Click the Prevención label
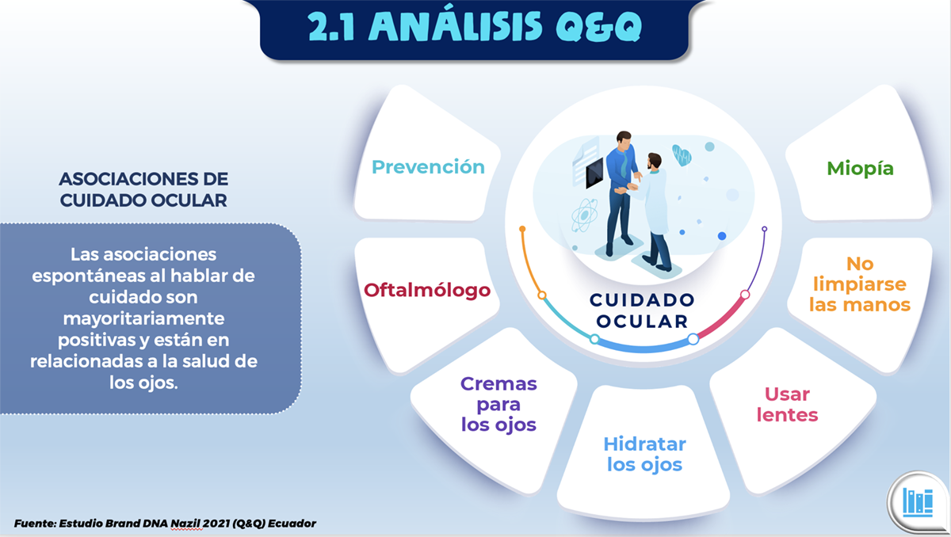pyautogui.click(x=428, y=167)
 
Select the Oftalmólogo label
pyautogui.click(x=427, y=291)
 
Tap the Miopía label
pyautogui.click(x=860, y=169)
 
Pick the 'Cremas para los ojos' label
pyautogui.click(x=498, y=404)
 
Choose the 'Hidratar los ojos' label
pyautogui.click(x=644, y=454)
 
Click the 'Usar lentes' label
pyautogui.click(x=787, y=405)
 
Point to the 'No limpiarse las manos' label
pyautogui.click(x=860, y=284)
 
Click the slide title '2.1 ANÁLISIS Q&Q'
pyautogui.click(x=475, y=27)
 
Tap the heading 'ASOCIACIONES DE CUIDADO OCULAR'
pyautogui.click(x=143, y=189)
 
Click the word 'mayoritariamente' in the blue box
pyautogui.click(x=143, y=318)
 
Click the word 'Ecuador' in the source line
pyautogui.click(x=292, y=524)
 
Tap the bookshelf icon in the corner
pyautogui.click(x=918, y=502)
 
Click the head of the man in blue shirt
pyautogui.click(x=623, y=139)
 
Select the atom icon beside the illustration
pyautogui.click(x=584, y=215)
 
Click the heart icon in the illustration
pyautogui.click(x=682, y=155)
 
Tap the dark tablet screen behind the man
pyautogui.click(x=594, y=172)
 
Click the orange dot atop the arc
pyautogui.click(x=522, y=229)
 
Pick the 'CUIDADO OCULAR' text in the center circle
pyautogui.click(x=642, y=310)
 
